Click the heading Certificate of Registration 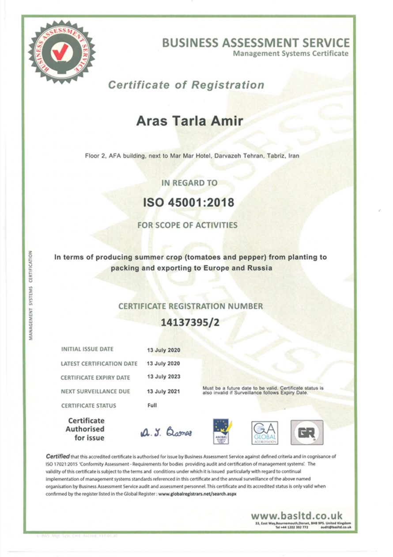(186, 85)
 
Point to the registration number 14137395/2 (190, 322)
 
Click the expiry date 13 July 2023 (163, 377)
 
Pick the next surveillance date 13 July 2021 (163, 391)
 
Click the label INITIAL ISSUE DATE (87, 349)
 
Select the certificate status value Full (152, 405)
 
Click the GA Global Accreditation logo (264, 432)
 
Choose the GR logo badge (306, 432)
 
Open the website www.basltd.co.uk (296, 515)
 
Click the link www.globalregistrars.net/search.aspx (197, 494)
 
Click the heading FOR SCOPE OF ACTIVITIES (187, 225)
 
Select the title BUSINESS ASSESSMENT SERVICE (256, 43)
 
